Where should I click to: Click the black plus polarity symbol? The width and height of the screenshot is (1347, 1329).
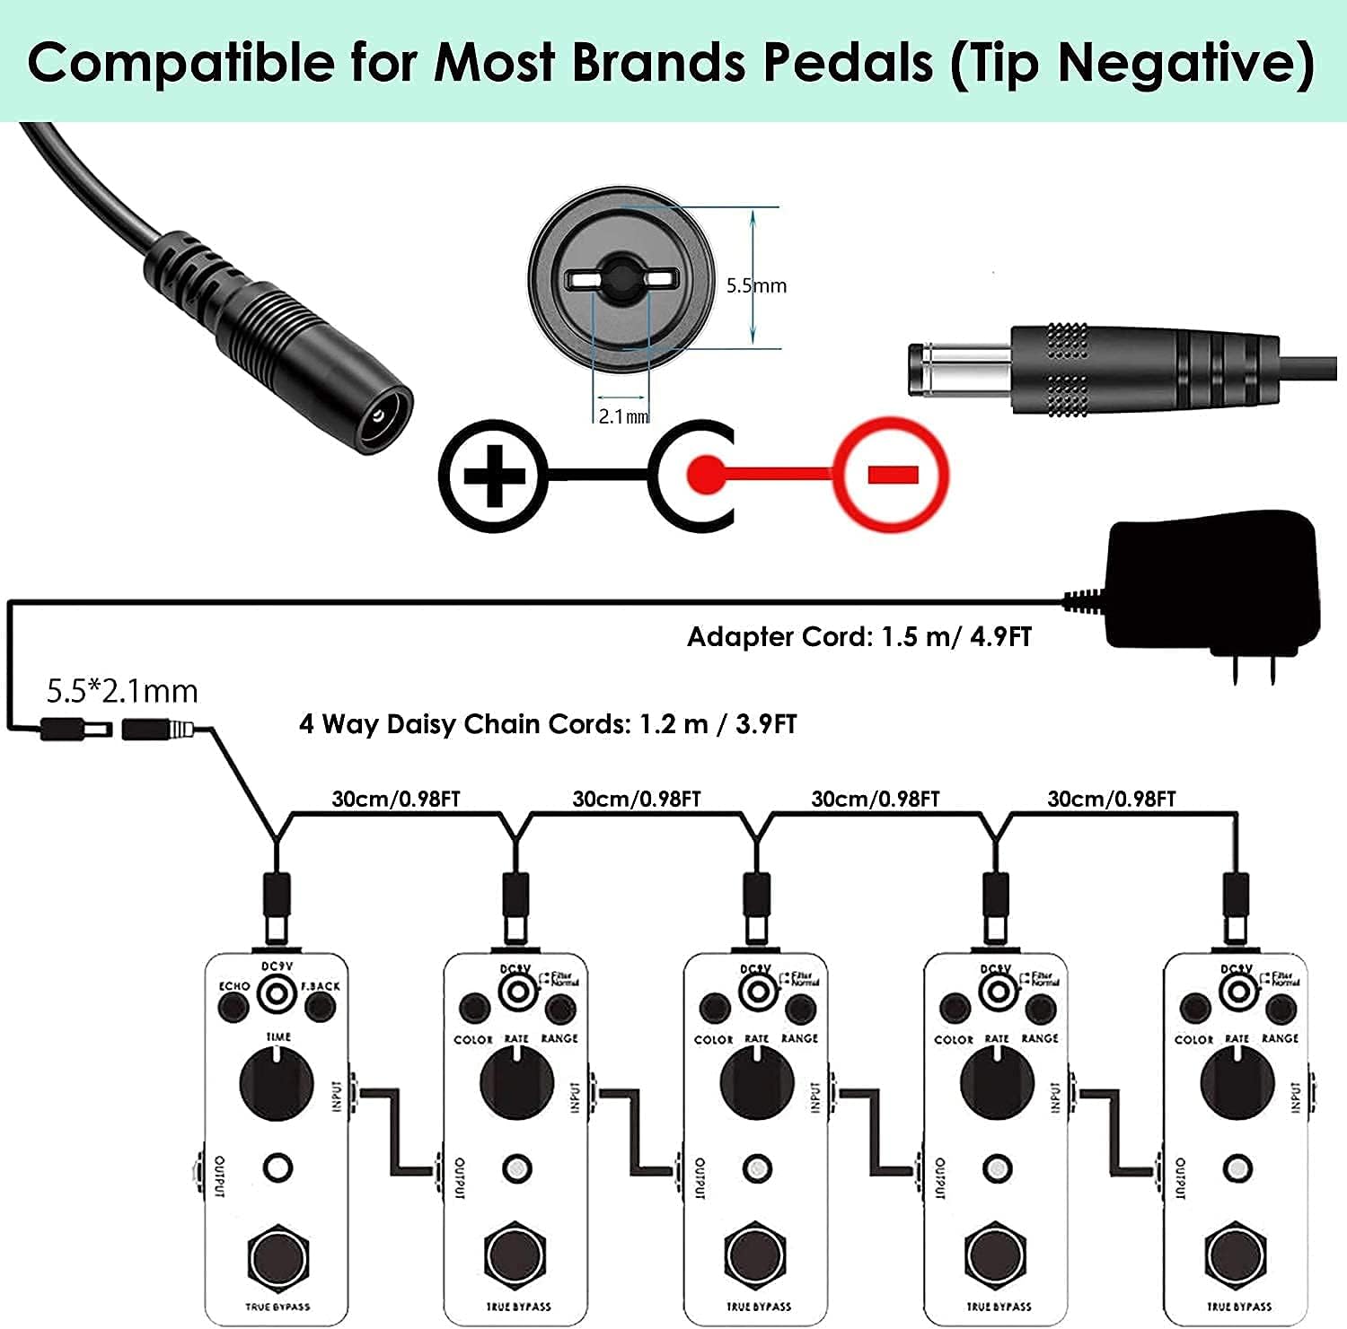493,475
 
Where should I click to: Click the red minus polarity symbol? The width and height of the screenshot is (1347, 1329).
892,474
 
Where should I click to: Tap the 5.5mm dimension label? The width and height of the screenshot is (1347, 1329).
756,285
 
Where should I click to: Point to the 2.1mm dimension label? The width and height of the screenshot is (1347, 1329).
623,416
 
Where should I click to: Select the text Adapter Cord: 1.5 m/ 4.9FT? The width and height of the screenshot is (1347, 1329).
858,637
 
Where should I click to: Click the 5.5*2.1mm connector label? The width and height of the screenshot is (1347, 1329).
122,691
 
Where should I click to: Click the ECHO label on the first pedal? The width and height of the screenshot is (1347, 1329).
234,986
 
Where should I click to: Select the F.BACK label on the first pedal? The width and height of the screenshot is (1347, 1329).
321,986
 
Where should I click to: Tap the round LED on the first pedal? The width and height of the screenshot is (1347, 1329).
277,1168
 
